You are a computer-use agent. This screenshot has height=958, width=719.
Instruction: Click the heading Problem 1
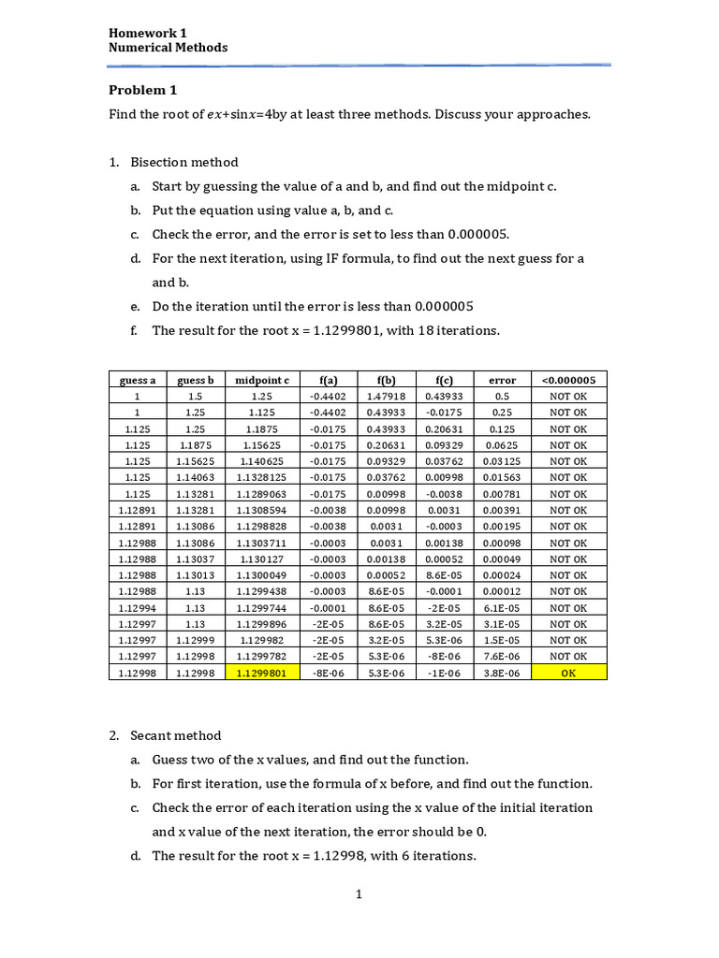[142, 91]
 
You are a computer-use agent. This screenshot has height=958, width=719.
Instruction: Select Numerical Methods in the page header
[168, 48]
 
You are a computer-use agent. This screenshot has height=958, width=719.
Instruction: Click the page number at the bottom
[359, 894]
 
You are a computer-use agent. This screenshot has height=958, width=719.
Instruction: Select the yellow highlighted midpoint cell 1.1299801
[261, 673]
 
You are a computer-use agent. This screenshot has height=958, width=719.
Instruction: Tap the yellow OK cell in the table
[568, 673]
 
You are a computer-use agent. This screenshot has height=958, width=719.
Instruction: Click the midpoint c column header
[261, 380]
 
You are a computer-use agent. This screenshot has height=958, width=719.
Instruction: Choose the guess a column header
[138, 380]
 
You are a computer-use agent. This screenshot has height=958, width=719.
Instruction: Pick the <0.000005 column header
[568, 380]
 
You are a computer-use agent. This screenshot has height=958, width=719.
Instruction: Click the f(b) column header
[385, 380]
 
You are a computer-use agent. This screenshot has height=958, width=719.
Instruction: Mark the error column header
[502, 380]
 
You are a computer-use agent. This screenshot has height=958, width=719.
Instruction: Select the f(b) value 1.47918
[385, 397]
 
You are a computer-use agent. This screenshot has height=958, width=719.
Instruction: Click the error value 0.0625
[502, 445]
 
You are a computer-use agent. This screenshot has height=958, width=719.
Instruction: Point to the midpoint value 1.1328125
[261, 478]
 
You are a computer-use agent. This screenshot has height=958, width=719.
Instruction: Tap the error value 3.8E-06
[502, 673]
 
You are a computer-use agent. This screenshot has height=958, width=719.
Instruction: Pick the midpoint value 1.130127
[261, 559]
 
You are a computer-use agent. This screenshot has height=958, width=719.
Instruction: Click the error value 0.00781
[502, 494]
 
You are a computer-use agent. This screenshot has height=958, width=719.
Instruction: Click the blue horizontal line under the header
[359, 65]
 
